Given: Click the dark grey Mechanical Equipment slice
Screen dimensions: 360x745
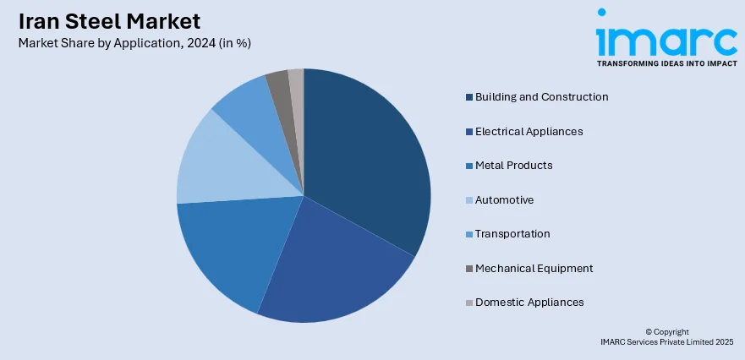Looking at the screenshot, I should point(278,83).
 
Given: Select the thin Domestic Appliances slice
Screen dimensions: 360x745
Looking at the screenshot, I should point(296,80).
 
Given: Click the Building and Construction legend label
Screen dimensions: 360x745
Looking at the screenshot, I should point(541,97).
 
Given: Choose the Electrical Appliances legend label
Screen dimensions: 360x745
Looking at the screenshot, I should point(529,132).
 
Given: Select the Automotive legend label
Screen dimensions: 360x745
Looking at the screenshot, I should point(504,200).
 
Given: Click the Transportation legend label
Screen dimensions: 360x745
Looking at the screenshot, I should point(512,234).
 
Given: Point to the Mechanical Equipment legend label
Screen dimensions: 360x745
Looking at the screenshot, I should point(534,269).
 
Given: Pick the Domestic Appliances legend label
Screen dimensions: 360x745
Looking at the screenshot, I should point(529,303).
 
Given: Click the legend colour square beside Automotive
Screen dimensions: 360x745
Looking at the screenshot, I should point(469,200).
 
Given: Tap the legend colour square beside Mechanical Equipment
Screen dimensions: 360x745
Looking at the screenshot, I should point(469,269).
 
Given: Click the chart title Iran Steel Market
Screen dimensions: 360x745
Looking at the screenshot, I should point(110,20).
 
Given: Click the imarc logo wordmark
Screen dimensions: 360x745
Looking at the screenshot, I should point(666,39).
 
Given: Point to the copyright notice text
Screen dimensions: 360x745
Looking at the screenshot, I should point(666,337).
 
